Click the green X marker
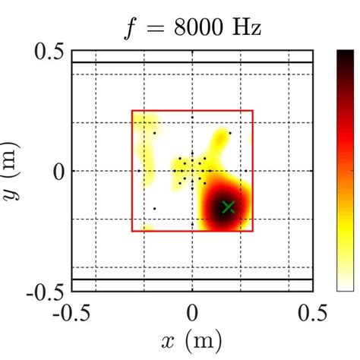coord(228,207)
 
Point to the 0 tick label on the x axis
coord(192,314)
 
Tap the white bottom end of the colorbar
coord(345,288)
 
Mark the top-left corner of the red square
coord(132,111)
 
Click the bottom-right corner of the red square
coord(253,231)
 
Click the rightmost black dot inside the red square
coord(229,134)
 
